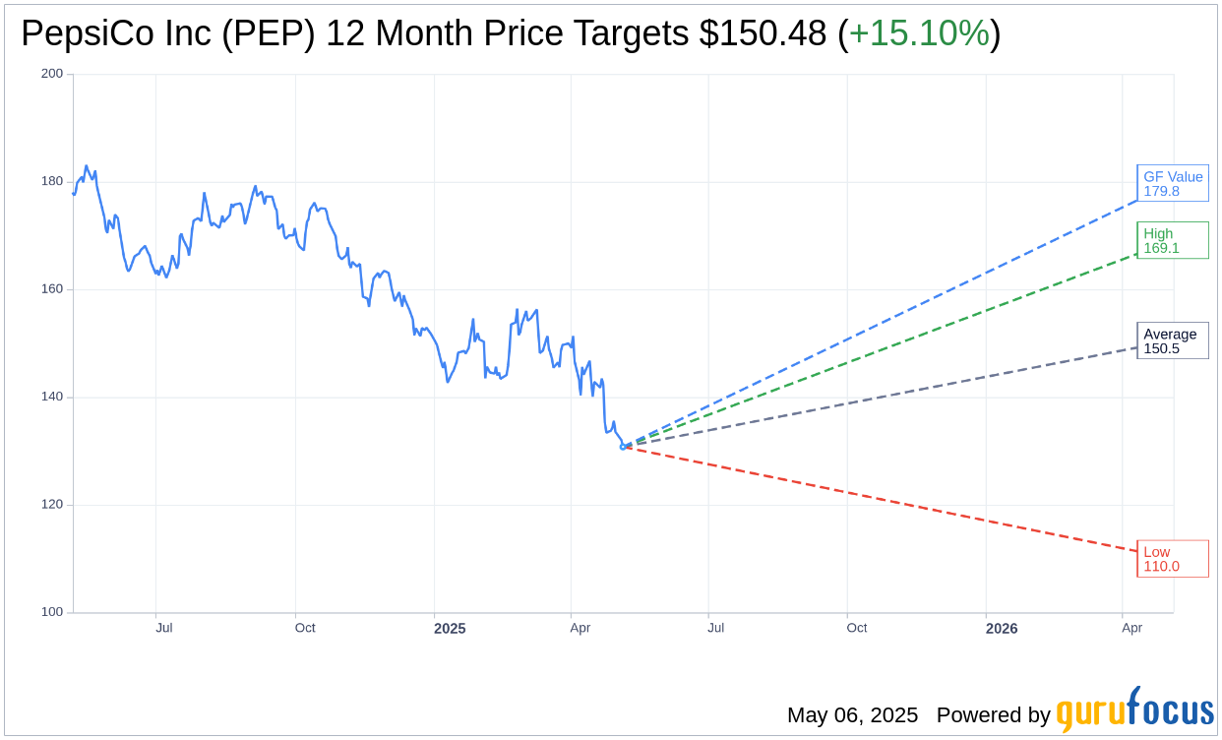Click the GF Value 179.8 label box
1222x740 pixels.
(1173, 184)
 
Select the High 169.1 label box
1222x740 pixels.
(1173, 240)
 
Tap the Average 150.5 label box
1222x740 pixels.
(1173, 340)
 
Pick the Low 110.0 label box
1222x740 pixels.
(1173, 559)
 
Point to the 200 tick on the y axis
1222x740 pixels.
(51, 74)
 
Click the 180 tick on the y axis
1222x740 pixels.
(51, 181)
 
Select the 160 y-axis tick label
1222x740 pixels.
(51, 289)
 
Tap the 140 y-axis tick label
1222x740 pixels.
(51, 397)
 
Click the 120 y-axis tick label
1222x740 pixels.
(51, 504)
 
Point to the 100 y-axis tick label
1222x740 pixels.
(51, 612)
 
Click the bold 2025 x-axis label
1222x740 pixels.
(450, 629)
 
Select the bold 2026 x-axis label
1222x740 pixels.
(1002, 629)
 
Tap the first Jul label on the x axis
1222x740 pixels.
(164, 628)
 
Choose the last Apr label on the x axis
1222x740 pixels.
(1132, 628)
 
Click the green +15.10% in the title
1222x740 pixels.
(919, 34)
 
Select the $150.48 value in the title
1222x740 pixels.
(763, 34)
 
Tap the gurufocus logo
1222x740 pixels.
(1134, 710)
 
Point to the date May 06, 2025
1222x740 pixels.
(852, 715)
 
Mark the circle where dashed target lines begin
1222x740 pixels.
(623, 447)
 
